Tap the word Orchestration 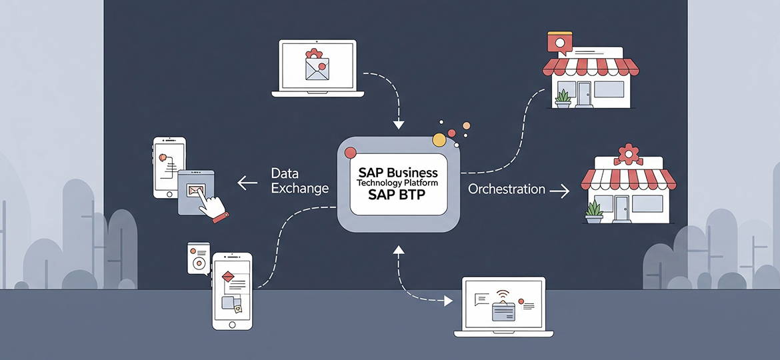coord(507,189)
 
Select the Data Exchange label coord(299,181)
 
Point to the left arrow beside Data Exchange coord(248,181)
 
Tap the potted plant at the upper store coord(563,98)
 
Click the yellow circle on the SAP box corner coord(439,140)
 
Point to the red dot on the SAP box coord(349,153)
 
